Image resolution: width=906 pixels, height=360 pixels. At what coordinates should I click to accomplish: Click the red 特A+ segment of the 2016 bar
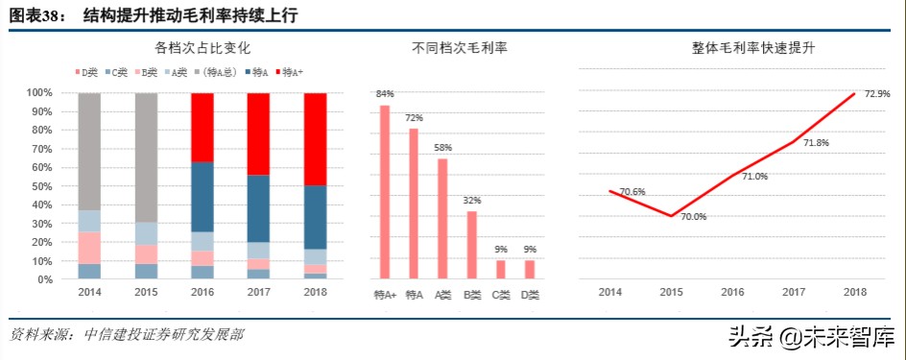coord(202,127)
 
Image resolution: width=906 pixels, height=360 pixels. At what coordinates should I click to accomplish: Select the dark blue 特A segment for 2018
coord(315,217)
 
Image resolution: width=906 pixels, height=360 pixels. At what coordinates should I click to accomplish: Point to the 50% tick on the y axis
coord(39,186)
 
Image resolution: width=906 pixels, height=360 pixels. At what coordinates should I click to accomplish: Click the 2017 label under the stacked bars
coord(258,292)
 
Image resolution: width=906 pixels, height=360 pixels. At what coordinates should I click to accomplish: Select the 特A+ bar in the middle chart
coord(385,192)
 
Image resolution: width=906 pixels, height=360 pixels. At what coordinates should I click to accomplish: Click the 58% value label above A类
coord(442,148)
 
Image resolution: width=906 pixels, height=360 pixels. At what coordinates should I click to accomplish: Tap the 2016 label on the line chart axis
coord(731,292)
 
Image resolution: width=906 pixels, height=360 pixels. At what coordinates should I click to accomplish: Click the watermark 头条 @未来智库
coord(811,337)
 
